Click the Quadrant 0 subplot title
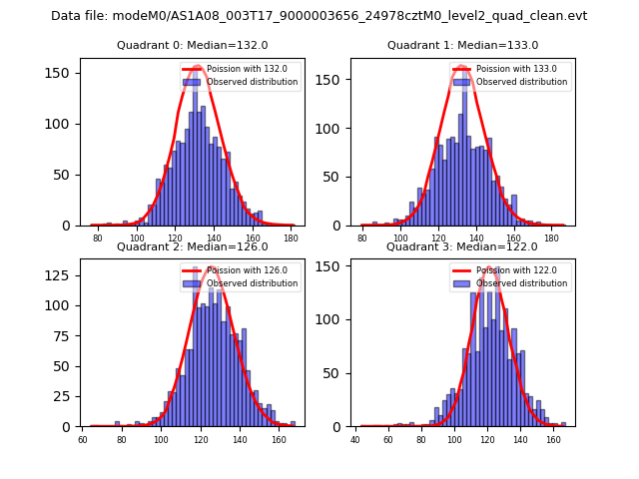click(193, 45)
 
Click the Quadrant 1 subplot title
click(462, 45)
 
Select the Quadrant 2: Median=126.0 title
click(193, 246)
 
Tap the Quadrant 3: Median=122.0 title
click(462, 246)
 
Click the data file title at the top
click(319, 16)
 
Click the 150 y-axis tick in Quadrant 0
click(62, 73)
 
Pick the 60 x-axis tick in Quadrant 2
click(83, 438)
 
